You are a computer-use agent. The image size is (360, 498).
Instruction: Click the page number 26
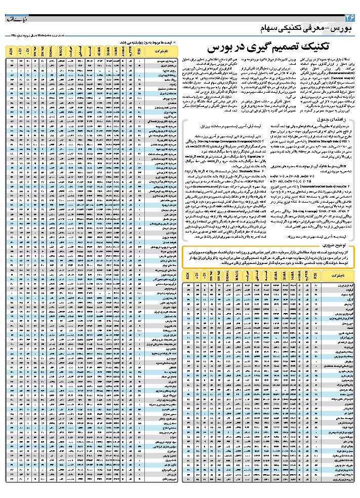coord(350,17)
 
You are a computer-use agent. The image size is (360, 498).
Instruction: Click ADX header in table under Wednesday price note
coord(11,51)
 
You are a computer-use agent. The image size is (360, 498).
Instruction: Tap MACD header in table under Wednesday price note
coord(60,51)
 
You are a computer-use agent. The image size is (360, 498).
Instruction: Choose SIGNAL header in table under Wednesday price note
coord(51,51)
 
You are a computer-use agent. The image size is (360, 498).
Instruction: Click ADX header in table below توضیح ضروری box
coord(189,276)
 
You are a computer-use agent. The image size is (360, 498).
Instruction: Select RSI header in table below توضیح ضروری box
coord(315,276)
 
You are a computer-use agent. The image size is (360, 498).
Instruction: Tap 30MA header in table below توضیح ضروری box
coord(284,276)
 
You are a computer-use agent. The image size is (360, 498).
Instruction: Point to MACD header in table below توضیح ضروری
coord(237,276)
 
